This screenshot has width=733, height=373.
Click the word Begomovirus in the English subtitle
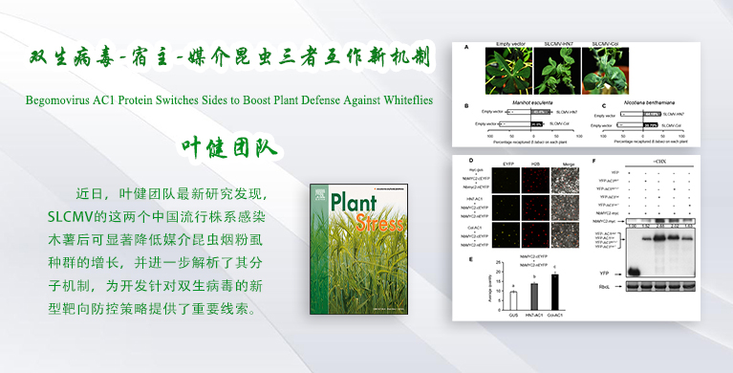click(59, 99)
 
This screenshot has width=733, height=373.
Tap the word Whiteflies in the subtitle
click(401, 99)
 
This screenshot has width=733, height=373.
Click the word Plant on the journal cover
click(358, 205)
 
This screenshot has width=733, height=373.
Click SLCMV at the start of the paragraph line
click(73, 217)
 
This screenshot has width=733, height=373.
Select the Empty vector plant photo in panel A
click(507, 71)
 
